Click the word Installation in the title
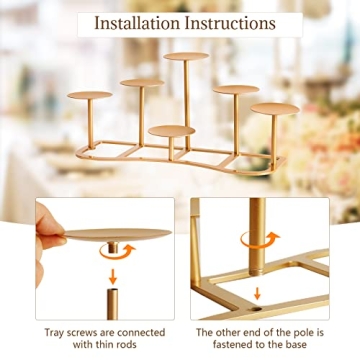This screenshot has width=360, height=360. pyautogui.click(x=140, y=21)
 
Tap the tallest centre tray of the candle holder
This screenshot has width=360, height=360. pyautogui.click(x=186, y=57)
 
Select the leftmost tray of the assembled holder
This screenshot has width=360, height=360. pyautogui.click(x=90, y=95)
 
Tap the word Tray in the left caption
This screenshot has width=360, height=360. pyautogui.click(x=55, y=332)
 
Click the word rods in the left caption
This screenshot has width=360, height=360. pyautogui.click(x=133, y=345)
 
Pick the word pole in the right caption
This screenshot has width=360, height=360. pyautogui.click(x=297, y=332)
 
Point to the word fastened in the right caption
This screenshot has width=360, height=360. pyautogui.click(x=228, y=345)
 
